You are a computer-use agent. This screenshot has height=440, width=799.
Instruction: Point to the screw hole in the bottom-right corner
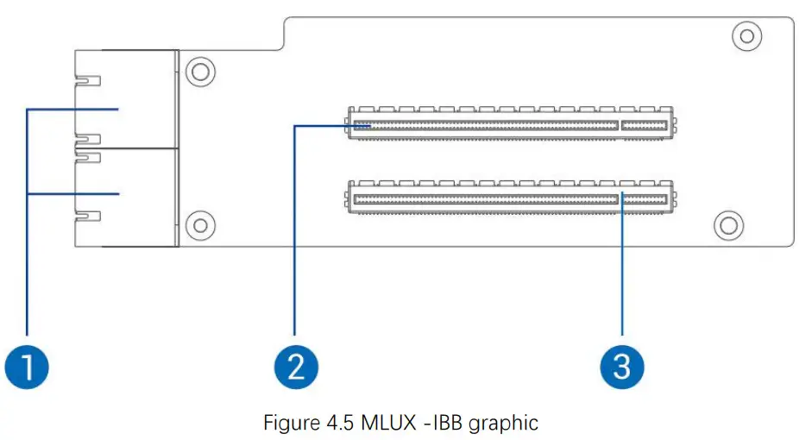(730, 224)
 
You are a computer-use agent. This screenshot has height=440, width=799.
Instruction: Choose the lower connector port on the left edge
(125, 197)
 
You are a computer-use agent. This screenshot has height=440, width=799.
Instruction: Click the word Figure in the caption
(287, 423)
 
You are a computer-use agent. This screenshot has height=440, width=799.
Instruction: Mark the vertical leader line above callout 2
(295, 233)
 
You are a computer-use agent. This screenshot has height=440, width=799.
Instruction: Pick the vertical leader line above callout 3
(621, 267)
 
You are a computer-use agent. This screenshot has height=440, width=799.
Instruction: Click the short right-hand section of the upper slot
(645, 126)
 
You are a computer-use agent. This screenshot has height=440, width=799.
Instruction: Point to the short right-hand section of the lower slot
(645, 199)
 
